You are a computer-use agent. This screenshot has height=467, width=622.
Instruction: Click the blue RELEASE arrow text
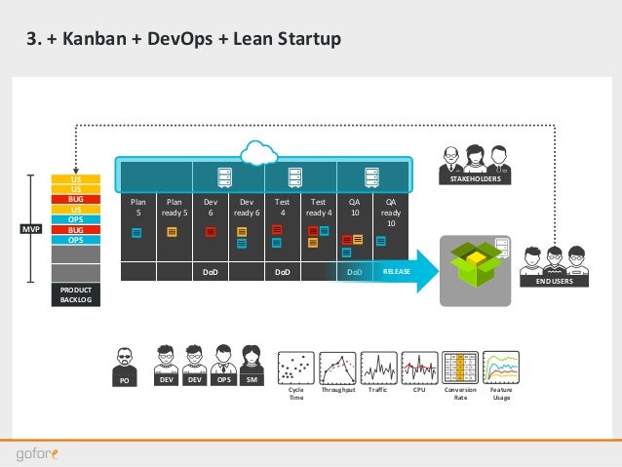point(396,273)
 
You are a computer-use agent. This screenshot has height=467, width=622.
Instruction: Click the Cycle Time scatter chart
point(295,368)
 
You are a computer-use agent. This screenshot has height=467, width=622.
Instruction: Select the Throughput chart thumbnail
point(336,368)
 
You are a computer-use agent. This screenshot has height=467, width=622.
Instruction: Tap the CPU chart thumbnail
point(420,368)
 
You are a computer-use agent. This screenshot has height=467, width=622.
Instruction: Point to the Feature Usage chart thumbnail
point(501,368)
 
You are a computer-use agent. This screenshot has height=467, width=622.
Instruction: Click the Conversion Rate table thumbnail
point(460,368)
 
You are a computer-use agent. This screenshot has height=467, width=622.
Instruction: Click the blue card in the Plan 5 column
point(137,232)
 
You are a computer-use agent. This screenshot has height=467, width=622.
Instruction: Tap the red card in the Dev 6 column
point(211,232)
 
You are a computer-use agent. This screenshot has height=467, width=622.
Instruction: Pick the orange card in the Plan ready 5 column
point(173,232)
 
